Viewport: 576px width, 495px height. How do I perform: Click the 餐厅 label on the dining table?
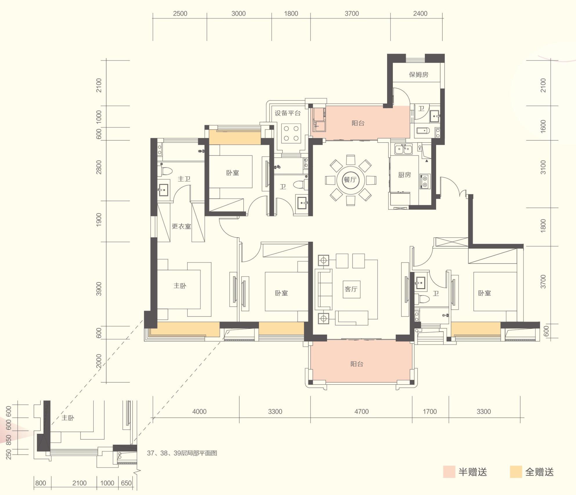click(x=350, y=180)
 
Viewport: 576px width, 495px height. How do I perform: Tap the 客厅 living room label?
click(x=351, y=289)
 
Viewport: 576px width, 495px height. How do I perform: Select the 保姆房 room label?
click(x=419, y=75)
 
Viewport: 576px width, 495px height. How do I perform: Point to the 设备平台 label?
click(x=288, y=113)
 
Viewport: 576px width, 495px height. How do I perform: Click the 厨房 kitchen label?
click(x=405, y=175)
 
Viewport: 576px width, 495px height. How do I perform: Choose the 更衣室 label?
click(x=181, y=226)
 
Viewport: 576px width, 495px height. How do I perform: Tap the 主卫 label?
click(x=184, y=179)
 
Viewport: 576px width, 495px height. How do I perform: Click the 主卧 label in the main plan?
click(x=180, y=286)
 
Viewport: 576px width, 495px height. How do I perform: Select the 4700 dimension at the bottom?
click(x=362, y=411)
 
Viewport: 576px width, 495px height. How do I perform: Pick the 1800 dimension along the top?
click(x=291, y=14)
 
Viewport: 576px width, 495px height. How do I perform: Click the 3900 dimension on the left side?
click(x=99, y=289)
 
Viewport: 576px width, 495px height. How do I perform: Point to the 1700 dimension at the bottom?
click(x=430, y=411)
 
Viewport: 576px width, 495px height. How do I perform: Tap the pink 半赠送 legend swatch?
click(x=449, y=472)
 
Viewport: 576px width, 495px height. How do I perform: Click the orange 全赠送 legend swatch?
click(x=516, y=472)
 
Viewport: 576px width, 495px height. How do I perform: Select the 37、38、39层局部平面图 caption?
click(x=182, y=453)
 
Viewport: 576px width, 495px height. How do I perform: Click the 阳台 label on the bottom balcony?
click(x=357, y=364)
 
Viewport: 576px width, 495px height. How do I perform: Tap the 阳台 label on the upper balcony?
click(x=358, y=123)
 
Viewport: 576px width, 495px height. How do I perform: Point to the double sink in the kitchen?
click(x=403, y=149)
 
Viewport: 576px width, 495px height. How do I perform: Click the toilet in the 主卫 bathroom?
click(x=165, y=170)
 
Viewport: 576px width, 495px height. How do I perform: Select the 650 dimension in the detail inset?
click(x=126, y=483)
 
